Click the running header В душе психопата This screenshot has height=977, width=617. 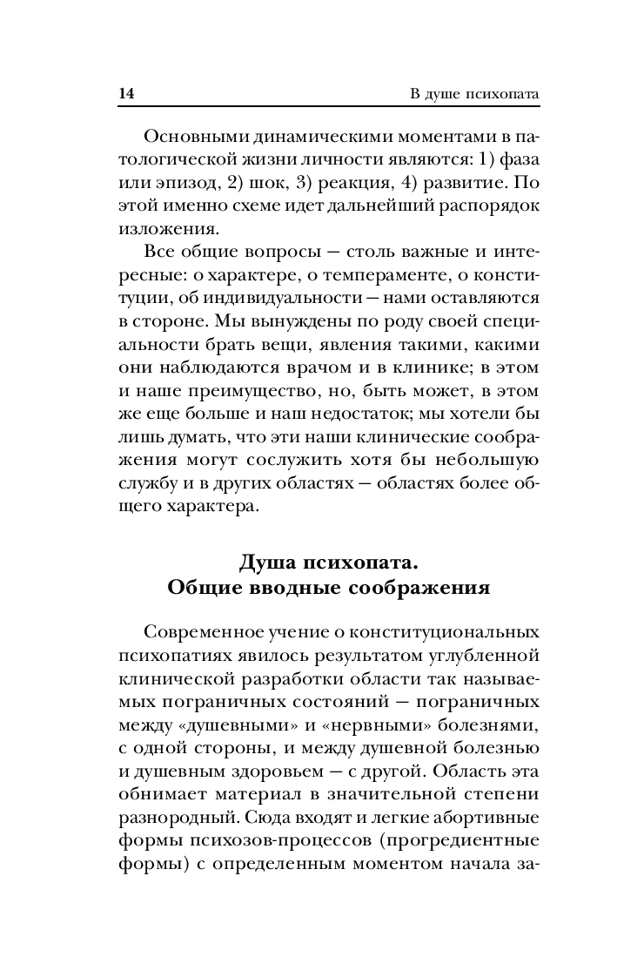tap(475, 93)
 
